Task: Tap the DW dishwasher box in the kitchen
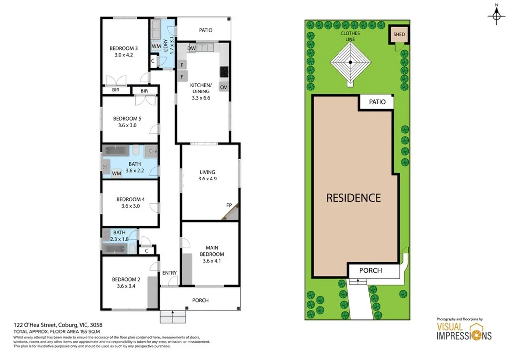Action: (192, 48)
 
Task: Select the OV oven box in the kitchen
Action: (224, 87)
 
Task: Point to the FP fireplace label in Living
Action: (229, 205)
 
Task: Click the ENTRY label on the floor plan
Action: (170, 273)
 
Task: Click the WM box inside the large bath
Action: (117, 173)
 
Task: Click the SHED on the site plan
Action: (399, 35)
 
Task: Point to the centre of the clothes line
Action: (350, 62)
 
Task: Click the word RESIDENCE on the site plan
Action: (353, 198)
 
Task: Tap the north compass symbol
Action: (496, 16)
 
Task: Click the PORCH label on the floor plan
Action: (200, 300)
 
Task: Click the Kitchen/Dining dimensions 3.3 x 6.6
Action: (201, 98)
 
